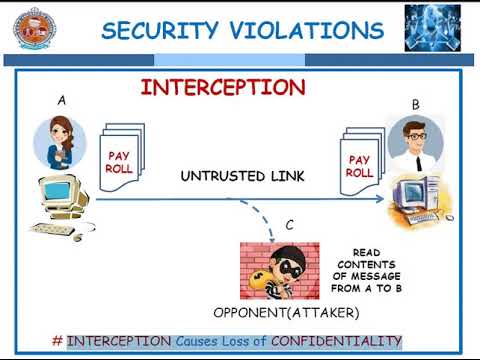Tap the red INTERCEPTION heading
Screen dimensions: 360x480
[x=223, y=87]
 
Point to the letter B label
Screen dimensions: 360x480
[x=416, y=105]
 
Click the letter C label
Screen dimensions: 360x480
[x=289, y=225]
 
